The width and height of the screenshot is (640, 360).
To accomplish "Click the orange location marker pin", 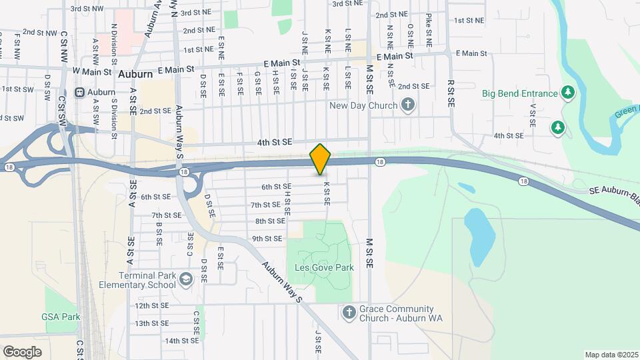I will pyautogui.click(x=321, y=159).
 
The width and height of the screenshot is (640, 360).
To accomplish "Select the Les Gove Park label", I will pyautogui.click(x=324, y=267).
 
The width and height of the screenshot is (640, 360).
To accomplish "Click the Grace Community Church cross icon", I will pyautogui.click(x=349, y=312).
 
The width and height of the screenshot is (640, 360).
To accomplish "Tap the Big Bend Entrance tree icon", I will pyautogui.click(x=568, y=93).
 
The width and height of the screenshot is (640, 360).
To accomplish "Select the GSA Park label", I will pyautogui.click(x=61, y=317).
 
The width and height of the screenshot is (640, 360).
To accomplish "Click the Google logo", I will pyautogui.click(x=22, y=351).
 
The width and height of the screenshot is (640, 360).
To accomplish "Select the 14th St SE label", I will pyautogui.click(x=182, y=341).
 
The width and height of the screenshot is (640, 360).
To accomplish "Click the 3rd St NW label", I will pyautogui.click(x=87, y=9).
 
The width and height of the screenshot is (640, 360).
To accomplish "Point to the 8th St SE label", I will pyautogui.click(x=270, y=221).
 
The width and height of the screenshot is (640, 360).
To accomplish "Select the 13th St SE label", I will pyautogui.click(x=152, y=323).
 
